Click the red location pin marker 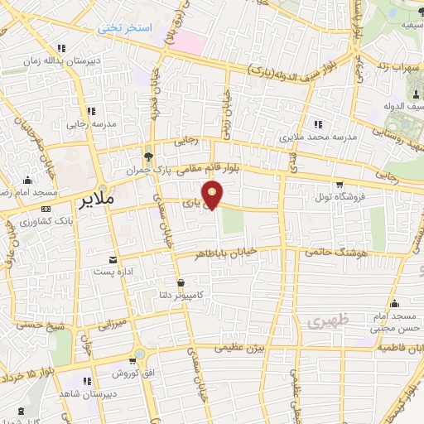[214, 195]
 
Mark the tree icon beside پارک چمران [148, 155]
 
